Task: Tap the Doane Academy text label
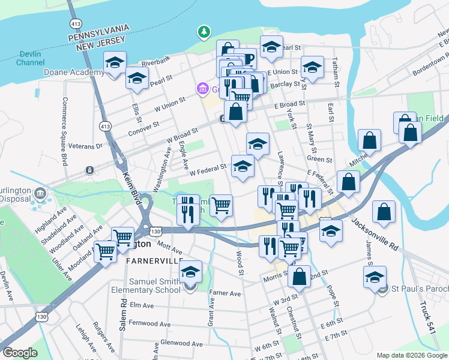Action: point(74,72)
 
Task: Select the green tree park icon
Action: point(205,31)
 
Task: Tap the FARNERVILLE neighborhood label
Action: point(153,262)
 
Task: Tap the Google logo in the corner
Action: point(20,353)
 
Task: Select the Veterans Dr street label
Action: point(86,146)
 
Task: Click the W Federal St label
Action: point(208,170)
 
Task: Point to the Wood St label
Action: point(240,263)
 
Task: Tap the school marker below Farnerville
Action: point(191,273)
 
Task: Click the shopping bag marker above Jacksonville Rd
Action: point(348,181)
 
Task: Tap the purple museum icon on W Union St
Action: point(203,90)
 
